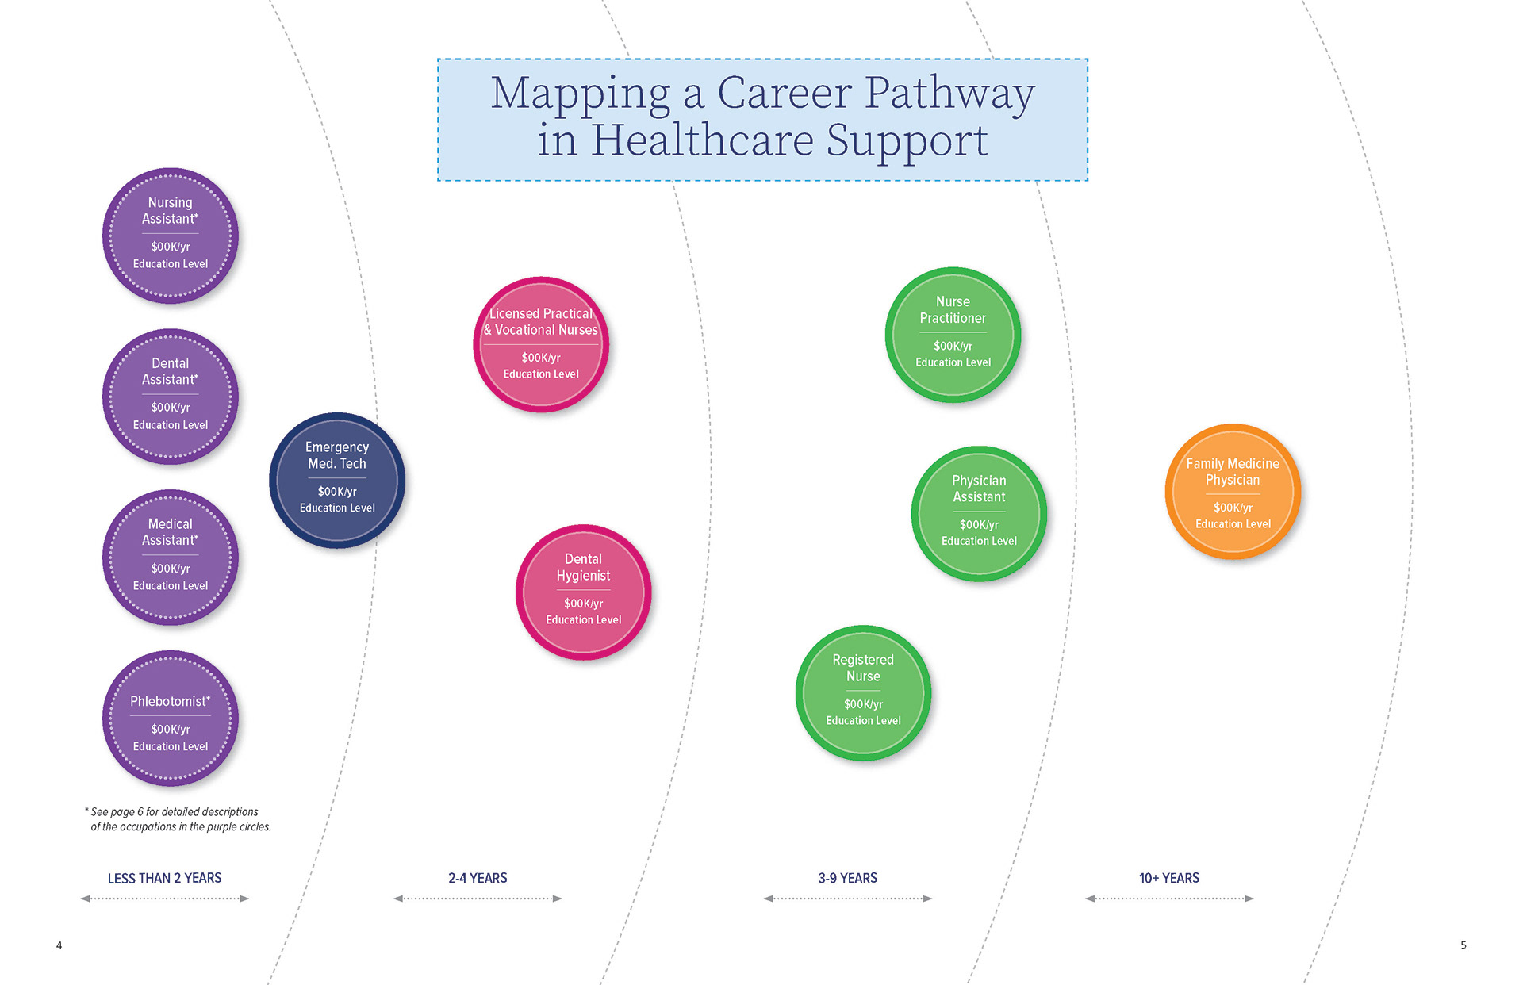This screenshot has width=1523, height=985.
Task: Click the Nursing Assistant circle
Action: [x=170, y=236]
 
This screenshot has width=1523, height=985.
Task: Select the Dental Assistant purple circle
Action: [x=170, y=397]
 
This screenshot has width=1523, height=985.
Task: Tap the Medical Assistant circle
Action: [x=170, y=558]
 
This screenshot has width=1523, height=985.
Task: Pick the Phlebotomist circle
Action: [x=170, y=719]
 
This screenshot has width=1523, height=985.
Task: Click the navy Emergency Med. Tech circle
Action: [x=337, y=480]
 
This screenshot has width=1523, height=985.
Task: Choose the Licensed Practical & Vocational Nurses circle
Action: [x=541, y=344]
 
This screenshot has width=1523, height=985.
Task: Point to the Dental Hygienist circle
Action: [x=583, y=592]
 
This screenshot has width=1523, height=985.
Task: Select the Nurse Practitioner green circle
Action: [x=953, y=335]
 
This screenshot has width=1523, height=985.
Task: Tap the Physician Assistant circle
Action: [x=979, y=513]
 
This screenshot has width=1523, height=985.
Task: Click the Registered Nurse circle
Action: [x=863, y=692]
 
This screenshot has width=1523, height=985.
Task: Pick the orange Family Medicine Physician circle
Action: [x=1233, y=492]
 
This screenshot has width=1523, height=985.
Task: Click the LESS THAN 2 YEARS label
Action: [x=164, y=878]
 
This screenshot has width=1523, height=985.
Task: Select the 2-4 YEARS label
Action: [x=478, y=878]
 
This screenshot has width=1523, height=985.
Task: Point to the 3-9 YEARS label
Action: [x=847, y=878]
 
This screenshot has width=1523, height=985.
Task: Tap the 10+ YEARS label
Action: [x=1168, y=878]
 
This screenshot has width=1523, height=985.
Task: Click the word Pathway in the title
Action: [x=949, y=94]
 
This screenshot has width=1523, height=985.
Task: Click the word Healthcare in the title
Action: [x=702, y=140]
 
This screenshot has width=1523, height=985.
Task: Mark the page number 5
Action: [x=1464, y=945]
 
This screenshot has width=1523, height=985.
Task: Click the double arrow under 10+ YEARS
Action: [x=1168, y=899]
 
